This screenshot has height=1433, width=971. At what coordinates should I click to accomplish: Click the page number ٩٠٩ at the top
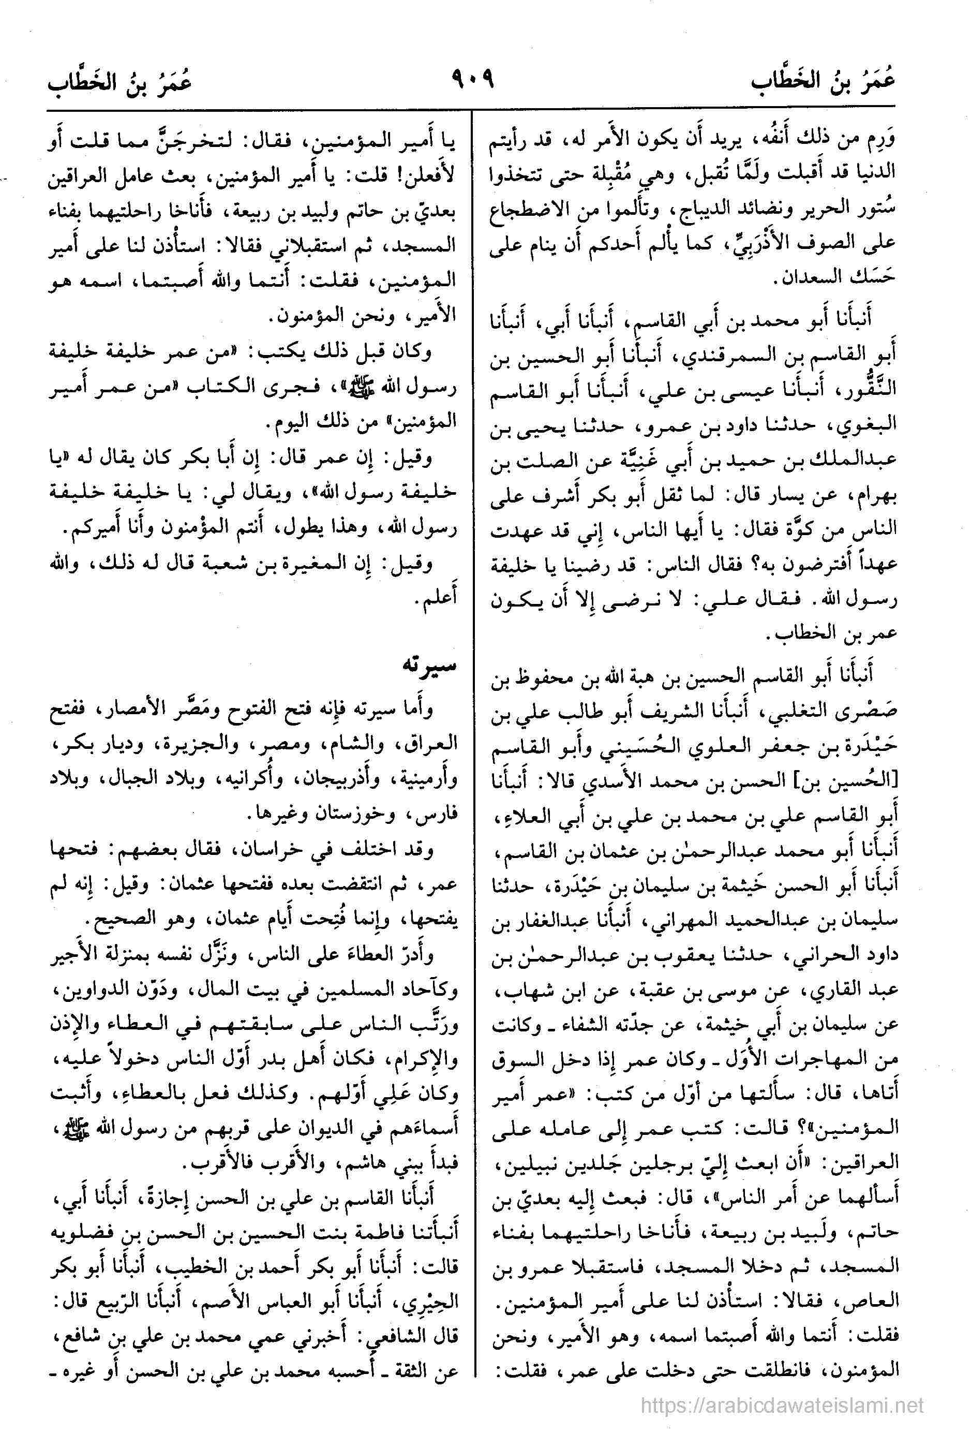(x=473, y=80)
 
